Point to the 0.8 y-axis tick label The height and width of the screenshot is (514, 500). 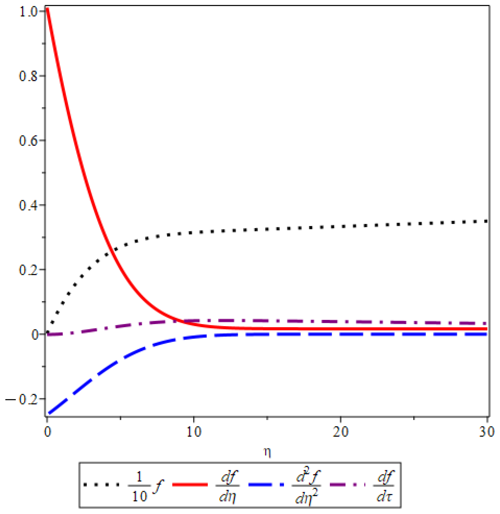[x=29, y=76]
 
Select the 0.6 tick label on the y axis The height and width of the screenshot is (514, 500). [x=29, y=141]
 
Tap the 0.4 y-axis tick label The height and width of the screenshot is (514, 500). [x=29, y=205]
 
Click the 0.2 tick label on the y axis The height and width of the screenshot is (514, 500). [x=29, y=270]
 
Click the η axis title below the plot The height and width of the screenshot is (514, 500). [x=267, y=452]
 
